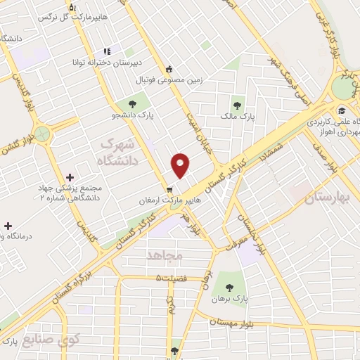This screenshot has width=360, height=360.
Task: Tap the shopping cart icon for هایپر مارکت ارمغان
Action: [x=169, y=190]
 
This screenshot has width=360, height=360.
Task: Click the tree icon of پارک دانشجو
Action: [x=133, y=104]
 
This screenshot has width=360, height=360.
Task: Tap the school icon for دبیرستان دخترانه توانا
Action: [x=107, y=51]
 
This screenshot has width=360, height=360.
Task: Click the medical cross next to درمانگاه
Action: [x=8, y=226]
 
